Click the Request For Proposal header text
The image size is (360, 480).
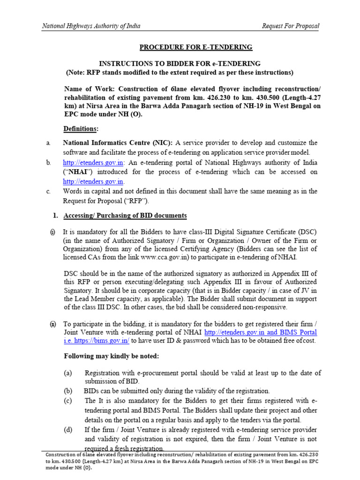click(291, 26)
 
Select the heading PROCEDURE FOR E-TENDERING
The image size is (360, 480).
click(195, 47)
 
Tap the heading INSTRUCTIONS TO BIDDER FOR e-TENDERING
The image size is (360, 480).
click(179, 63)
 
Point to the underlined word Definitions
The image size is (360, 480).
click(81, 128)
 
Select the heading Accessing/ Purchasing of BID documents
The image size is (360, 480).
click(125, 216)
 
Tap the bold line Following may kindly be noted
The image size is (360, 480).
click(112, 356)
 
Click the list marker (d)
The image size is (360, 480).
click(68, 430)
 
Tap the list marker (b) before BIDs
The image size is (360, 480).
click(68, 391)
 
